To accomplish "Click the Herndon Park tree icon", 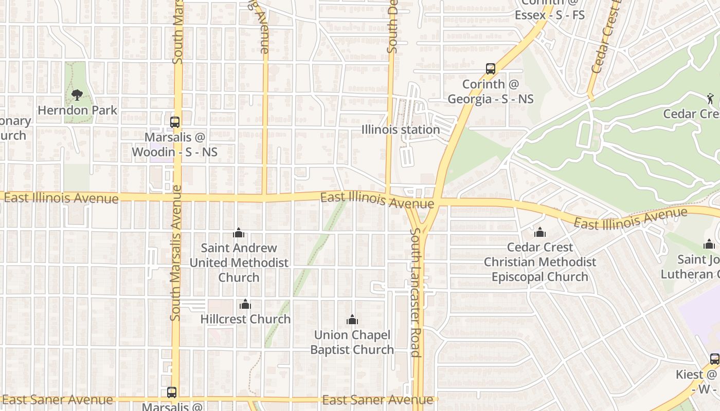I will (77, 95).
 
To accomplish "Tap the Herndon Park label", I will (78, 110).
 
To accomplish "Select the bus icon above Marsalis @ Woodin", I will (175, 122).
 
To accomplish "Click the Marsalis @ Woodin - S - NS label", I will (175, 145).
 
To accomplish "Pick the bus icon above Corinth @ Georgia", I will (491, 69).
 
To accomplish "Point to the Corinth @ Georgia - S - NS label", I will (491, 91).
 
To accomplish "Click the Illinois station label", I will (401, 129).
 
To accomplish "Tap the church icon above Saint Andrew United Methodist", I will (238, 233).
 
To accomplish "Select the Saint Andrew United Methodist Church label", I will (239, 263).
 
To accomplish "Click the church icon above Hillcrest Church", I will (245, 304).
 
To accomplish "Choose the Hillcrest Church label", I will (245, 319).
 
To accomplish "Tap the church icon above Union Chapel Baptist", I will (352, 320).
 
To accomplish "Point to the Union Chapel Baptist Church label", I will (352, 342).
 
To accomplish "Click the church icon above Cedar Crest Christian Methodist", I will (539, 233).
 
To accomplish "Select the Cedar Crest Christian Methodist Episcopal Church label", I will (539, 262).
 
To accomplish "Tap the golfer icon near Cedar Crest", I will (711, 98).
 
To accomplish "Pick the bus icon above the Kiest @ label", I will (715, 359).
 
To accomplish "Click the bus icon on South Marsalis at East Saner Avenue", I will (172, 393).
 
